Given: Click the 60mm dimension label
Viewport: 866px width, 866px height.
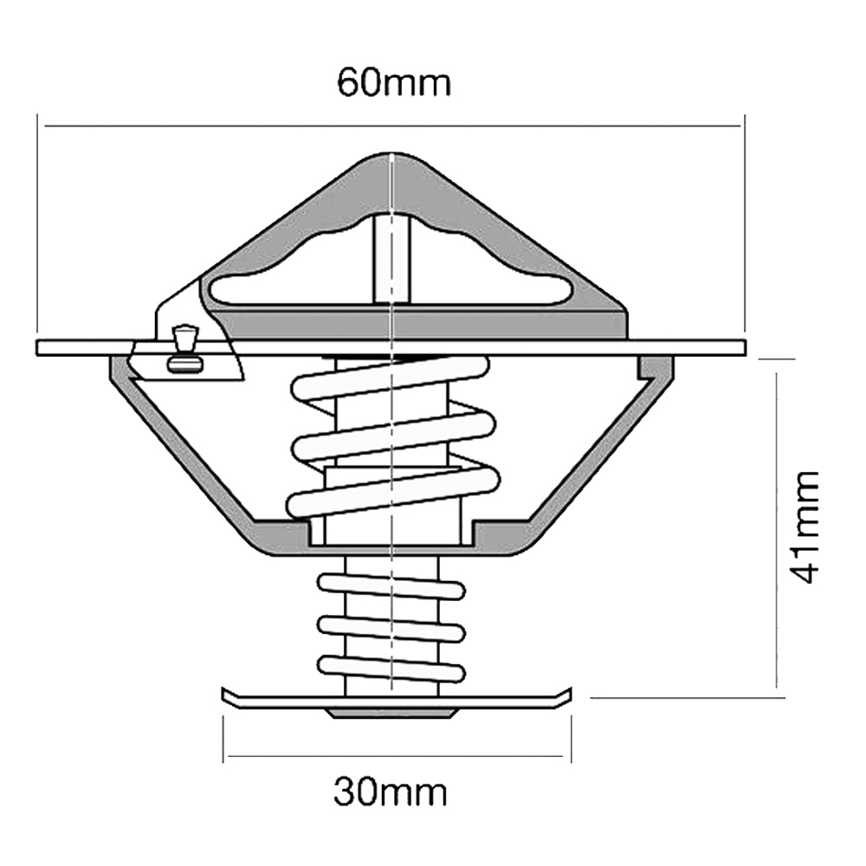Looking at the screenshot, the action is click(394, 83).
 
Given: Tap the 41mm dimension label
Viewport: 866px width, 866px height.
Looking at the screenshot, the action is click(803, 527).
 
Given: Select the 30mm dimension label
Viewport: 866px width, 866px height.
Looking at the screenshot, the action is click(390, 793).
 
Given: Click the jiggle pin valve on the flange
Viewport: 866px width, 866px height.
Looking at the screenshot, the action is click(184, 349).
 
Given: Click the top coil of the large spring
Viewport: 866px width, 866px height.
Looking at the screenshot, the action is click(391, 378).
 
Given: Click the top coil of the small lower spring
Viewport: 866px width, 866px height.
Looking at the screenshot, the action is click(391, 586).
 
